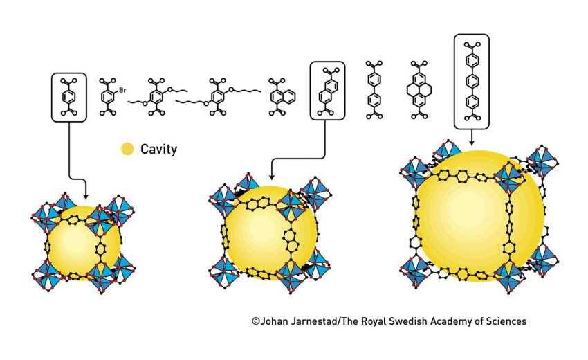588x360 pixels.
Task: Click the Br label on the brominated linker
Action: click(122, 90)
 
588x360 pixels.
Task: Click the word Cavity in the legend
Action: click(158, 149)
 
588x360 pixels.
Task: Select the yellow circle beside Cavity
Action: click(127, 149)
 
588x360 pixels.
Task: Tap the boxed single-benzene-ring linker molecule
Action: click(69, 97)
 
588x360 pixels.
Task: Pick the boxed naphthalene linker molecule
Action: click(328, 91)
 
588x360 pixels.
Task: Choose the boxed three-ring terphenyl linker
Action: click(472, 81)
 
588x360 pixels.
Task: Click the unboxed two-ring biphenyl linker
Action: click(374, 90)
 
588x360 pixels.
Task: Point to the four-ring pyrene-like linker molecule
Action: click(419, 90)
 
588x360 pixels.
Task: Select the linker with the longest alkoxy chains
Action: click(218, 96)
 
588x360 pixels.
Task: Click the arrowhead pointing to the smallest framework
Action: click(86, 196)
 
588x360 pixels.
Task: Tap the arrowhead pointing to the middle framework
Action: click(271, 177)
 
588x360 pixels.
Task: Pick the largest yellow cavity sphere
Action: click(479, 216)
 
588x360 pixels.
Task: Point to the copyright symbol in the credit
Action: click(256, 321)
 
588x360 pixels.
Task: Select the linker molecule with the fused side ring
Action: click(282, 96)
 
